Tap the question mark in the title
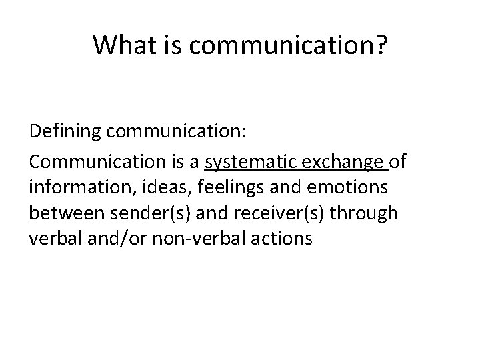pyautogui.click(x=379, y=45)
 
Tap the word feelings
pyautogui.click(x=211, y=188)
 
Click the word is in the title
pyautogui.click(x=170, y=45)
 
